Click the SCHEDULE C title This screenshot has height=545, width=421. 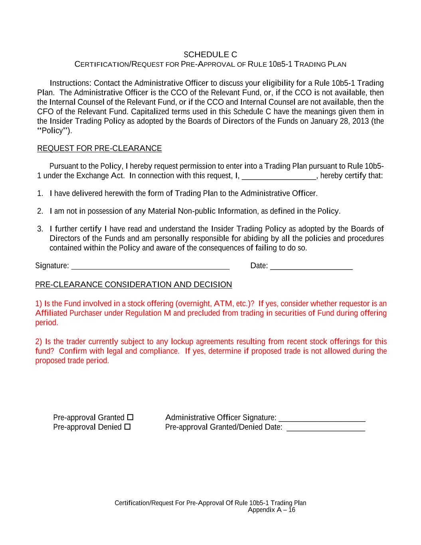coord(210,54)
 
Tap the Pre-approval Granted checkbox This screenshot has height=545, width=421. coord(130,417)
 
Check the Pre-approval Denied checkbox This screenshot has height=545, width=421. coord(127,427)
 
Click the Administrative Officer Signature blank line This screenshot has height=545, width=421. coord(322,418)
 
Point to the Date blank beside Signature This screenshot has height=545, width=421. coord(311,266)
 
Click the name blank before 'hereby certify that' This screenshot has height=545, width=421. coord(279,176)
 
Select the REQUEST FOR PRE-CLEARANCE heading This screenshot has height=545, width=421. coord(99,149)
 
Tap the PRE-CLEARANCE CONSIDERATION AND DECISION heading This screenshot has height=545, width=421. coord(134,285)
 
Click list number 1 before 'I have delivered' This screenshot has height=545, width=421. coord(40,194)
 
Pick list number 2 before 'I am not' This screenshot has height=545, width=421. coord(40,211)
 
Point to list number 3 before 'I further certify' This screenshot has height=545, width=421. coord(40,229)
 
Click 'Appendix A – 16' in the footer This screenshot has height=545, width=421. coord(271,510)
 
